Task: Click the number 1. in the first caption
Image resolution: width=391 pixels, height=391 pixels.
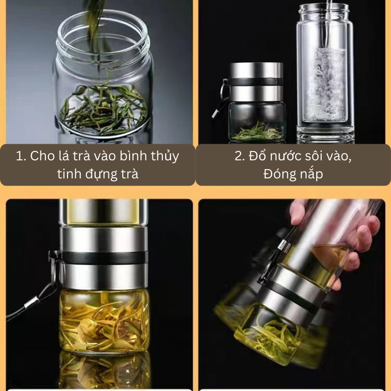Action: pos(21,156)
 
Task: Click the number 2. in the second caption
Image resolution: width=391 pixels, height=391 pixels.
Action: pos(240,156)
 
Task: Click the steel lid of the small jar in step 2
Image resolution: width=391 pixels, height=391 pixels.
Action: pos(256,82)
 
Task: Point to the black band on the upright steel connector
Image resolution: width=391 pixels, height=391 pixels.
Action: pos(104,258)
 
